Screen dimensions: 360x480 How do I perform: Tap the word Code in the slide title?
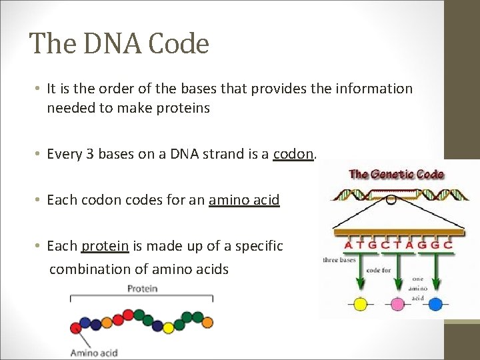[179, 44]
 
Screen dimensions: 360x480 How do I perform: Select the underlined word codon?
[293, 154]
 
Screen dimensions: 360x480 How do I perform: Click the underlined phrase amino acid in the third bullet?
[244, 200]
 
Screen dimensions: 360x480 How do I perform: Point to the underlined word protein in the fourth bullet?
[105, 246]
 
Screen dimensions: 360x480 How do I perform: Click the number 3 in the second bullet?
[91, 154]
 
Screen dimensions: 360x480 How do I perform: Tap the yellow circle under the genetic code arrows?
[360, 304]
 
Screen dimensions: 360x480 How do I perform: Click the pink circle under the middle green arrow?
[398, 304]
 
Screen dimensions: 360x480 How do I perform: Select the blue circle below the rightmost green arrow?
[435, 304]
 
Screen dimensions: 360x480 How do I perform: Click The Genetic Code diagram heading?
[396, 175]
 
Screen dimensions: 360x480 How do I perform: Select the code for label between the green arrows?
[377, 270]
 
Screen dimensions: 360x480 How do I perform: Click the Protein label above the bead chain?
[141, 289]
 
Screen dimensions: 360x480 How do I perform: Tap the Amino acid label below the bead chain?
[94, 353]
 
